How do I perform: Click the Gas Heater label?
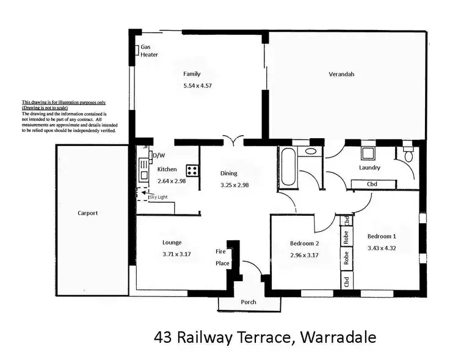149,51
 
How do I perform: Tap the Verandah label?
342,75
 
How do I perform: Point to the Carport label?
87,213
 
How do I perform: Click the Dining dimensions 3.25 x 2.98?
234,185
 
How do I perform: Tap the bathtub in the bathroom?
287,167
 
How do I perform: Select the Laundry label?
369,167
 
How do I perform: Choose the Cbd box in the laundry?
372,183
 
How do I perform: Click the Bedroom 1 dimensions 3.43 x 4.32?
382,248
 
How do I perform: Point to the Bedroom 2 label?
305,243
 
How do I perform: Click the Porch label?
248,302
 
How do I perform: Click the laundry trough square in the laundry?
368,153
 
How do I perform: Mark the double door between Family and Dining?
233,139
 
